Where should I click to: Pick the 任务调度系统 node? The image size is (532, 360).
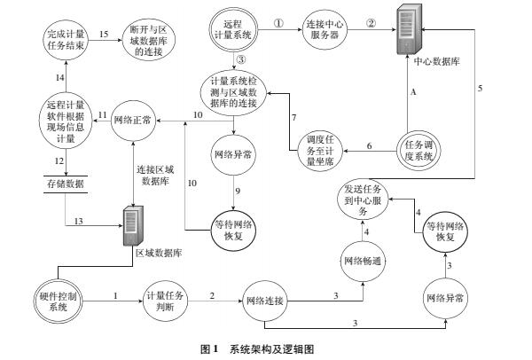point(420,151)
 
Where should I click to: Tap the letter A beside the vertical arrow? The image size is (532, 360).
point(413,90)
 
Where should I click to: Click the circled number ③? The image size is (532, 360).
point(240,60)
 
